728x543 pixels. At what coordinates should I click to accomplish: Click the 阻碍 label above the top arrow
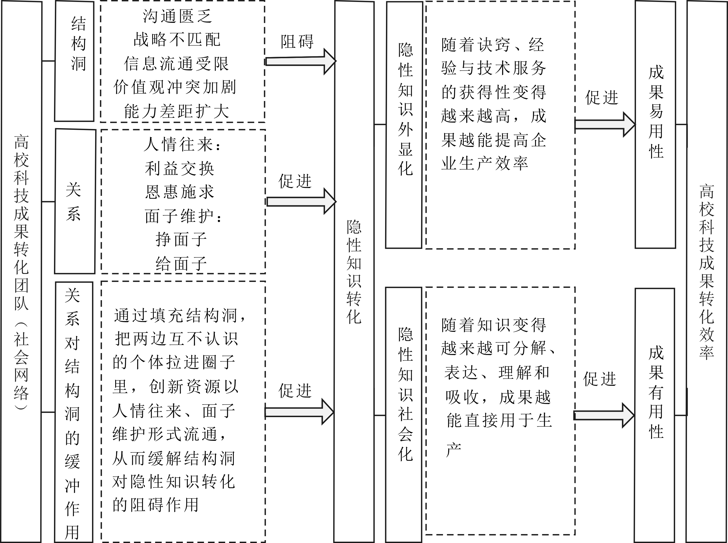click(x=297, y=42)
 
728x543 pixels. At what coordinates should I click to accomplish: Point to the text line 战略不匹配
click(x=177, y=40)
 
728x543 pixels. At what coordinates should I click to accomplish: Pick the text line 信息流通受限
click(x=176, y=64)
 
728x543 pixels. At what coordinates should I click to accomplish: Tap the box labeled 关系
click(x=75, y=201)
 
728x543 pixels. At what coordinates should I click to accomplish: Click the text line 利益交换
click(x=179, y=169)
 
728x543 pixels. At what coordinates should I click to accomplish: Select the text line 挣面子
click(x=181, y=239)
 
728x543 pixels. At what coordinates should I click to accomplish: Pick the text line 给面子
click(x=181, y=264)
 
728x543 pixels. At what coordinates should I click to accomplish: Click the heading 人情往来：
click(x=183, y=145)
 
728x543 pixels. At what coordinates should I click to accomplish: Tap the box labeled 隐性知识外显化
click(x=404, y=125)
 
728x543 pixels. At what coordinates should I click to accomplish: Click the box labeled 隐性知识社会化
click(x=404, y=415)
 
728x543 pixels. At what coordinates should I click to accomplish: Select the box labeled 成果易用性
click(x=655, y=125)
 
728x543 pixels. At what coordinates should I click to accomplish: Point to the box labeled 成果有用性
click(x=654, y=415)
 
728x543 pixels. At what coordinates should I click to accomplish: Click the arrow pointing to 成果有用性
click(x=604, y=415)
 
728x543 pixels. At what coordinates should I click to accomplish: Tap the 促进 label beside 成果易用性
click(x=602, y=98)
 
